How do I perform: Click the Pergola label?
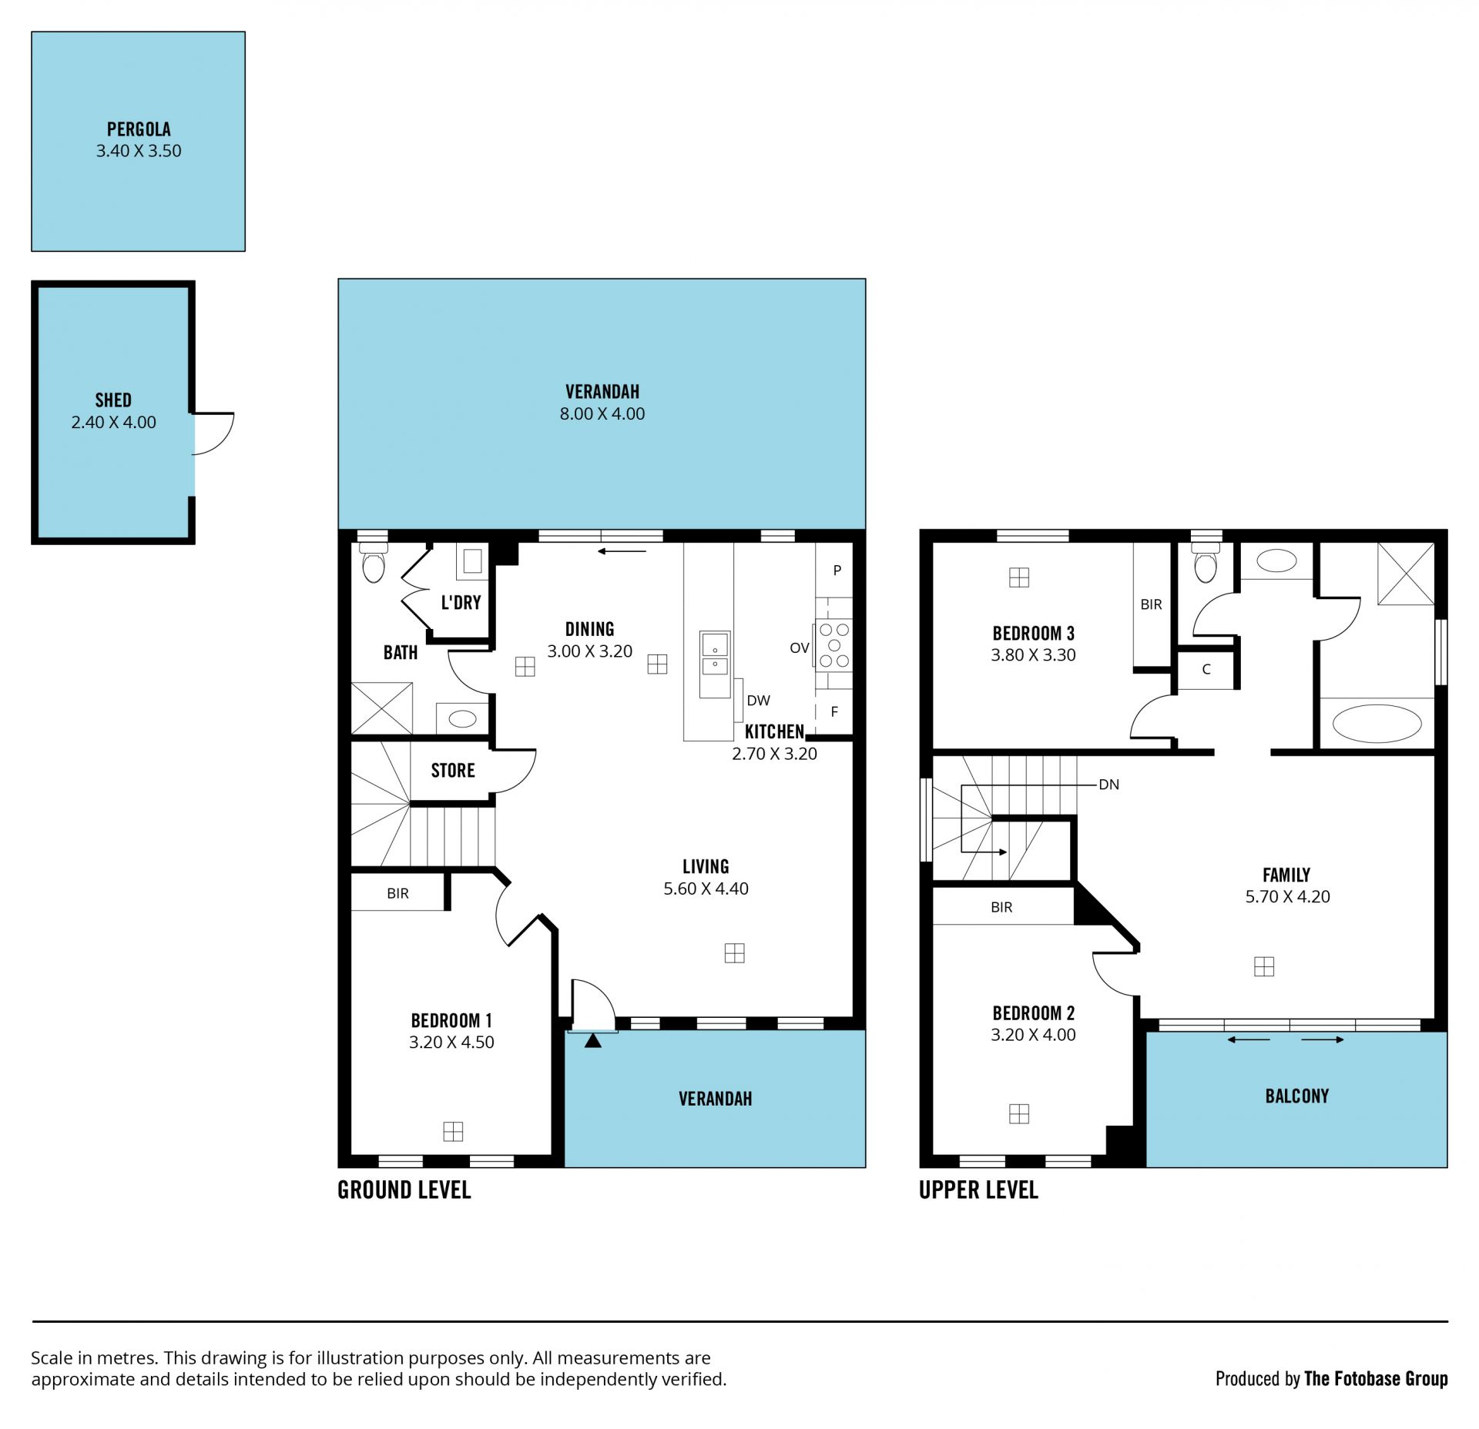[139, 129]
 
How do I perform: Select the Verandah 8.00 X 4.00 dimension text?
[602, 413]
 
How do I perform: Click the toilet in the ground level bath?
[374, 563]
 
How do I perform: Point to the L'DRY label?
[461, 602]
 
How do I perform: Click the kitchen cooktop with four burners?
[834, 645]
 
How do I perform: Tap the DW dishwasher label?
[758, 701]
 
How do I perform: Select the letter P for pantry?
[837, 571]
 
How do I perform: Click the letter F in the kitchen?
[834, 712]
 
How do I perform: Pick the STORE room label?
[453, 771]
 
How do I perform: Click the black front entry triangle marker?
[592, 1041]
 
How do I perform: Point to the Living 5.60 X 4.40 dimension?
[706, 889]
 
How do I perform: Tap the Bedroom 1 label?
[451, 1021]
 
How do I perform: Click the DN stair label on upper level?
[1108, 785]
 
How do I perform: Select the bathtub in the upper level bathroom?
[1377, 724]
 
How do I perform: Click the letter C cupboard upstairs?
[1206, 669]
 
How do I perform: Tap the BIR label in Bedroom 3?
[1151, 604]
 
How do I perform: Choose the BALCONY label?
[1297, 1096]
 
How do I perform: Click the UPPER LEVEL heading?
[978, 1190]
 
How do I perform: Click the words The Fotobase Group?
[1376, 1379]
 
